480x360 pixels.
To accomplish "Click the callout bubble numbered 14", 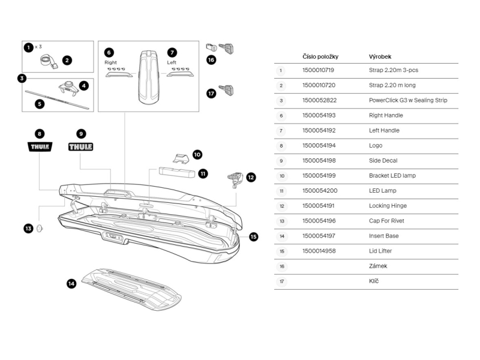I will [x=71, y=284].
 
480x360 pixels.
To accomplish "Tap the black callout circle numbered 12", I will [x=251, y=177].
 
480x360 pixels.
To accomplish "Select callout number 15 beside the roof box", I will [x=253, y=236].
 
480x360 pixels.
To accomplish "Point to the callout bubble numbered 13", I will [x=28, y=228].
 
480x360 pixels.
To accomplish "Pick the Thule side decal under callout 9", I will [x=81, y=146].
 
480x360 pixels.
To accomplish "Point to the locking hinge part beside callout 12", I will [x=234, y=178].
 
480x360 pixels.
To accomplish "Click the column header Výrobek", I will [x=380, y=56].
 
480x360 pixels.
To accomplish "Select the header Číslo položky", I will [x=320, y=56].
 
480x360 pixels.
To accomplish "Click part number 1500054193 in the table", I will [x=319, y=115].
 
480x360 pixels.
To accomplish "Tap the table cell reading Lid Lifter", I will [x=380, y=251].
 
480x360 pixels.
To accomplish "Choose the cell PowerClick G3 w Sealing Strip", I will [x=408, y=100].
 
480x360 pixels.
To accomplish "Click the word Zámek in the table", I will [x=377, y=266].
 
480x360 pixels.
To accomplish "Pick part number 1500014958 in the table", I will [x=319, y=251].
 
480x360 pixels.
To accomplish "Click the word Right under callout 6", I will [x=110, y=62].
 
